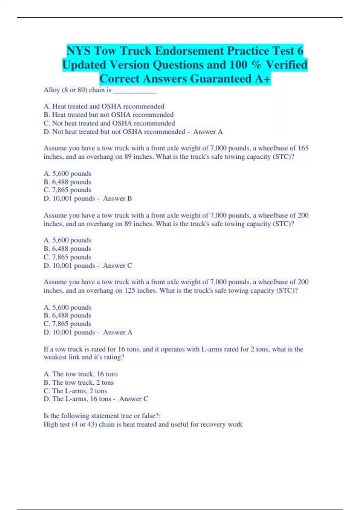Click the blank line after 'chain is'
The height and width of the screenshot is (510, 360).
(135, 91)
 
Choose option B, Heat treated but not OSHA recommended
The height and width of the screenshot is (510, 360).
(109, 115)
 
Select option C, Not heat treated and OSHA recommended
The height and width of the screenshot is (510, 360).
(109, 123)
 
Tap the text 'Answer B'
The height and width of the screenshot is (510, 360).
(117, 198)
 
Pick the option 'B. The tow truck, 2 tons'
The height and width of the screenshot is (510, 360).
(79, 382)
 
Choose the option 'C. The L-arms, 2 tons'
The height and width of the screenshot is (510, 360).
(75, 391)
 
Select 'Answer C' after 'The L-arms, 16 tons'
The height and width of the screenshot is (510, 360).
(133, 399)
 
